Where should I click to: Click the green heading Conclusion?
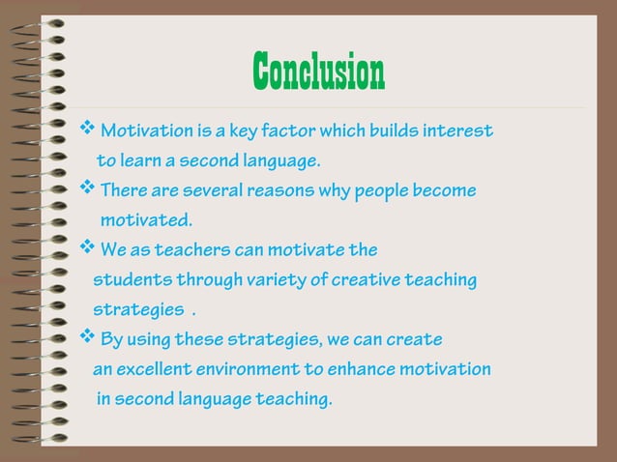tap(318, 71)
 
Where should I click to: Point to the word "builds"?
tap(390, 130)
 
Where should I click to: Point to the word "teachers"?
tap(191, 251)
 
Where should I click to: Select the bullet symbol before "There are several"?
tap(86, 189)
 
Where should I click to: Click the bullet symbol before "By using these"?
tap(86, 338)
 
